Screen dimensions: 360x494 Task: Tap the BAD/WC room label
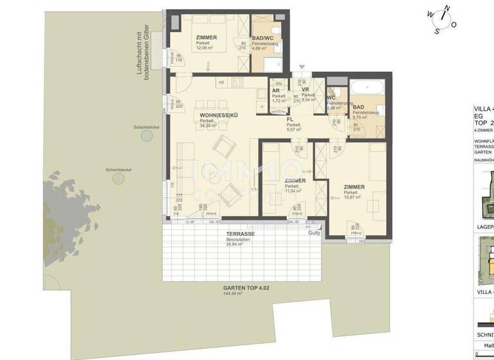[x=261, y=38]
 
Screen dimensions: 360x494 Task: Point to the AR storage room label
[x=275, y=91]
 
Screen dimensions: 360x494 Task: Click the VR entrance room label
[x=306, y=90]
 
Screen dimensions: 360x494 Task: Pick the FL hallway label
[x=291, y=120]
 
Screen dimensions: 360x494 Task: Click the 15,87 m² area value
[x=354, y=198]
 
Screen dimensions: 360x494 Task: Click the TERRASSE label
[x=239, y=235]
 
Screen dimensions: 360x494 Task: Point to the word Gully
[x=314, y=234]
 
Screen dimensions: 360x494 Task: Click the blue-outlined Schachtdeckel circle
[x=147, y=136]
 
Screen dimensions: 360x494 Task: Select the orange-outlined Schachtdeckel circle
[x=118, y=178]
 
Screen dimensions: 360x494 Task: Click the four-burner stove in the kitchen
[x=237, y=82]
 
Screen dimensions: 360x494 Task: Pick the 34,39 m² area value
[x=206, y=125]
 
